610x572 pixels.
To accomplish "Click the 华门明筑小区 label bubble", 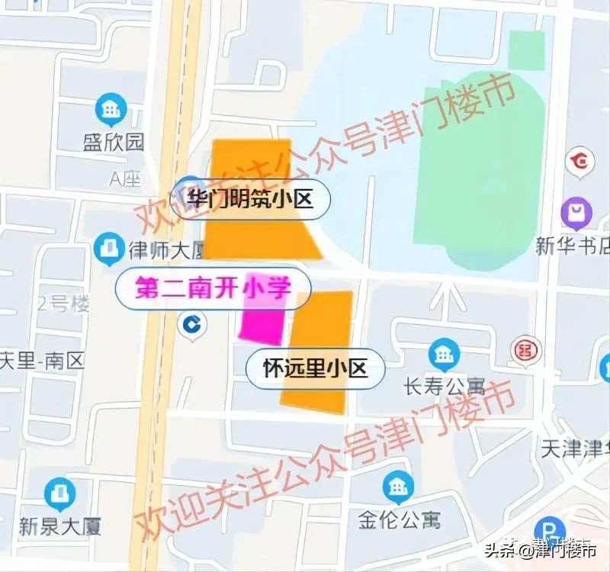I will [x=252, y=200].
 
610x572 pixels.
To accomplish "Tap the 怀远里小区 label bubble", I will [x=315, y=369].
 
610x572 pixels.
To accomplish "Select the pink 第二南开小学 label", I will [x=213, y=288].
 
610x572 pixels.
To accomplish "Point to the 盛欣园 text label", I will [x=114, y=142].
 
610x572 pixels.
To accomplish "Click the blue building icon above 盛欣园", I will [x=112, y=111].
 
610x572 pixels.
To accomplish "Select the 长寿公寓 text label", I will [x=445, y=387].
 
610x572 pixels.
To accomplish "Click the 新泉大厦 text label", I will [x=60, y=525].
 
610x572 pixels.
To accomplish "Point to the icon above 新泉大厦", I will [x=59, y=494].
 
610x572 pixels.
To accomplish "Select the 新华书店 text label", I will [x=573, y=246].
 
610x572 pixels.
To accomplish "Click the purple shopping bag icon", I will [x=576, y=214].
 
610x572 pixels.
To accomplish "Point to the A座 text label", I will [x=126, y=180].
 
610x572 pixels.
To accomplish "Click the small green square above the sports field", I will [x=527, y=50].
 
